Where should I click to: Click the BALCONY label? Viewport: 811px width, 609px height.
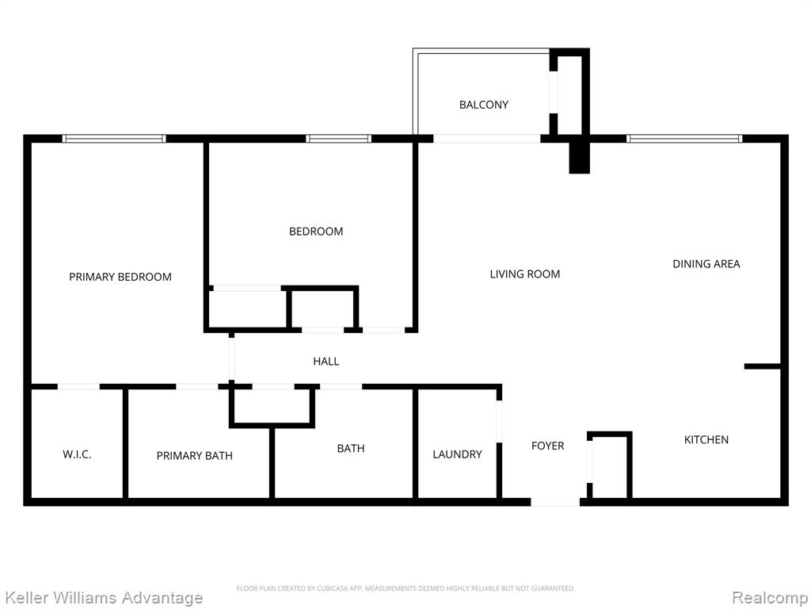(484, 105)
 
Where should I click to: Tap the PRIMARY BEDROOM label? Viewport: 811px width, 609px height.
(120, 277)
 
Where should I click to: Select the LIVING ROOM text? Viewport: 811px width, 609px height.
(525, 274)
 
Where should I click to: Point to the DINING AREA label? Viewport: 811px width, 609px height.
(706, 263)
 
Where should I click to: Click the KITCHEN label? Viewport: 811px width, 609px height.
(706, 439)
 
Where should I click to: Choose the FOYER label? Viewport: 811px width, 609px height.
(548, 446)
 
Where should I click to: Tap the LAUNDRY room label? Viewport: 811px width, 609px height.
(457, 454)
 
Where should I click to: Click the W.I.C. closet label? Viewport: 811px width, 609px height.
(77, 454)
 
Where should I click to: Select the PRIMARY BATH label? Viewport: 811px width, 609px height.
(195, 456)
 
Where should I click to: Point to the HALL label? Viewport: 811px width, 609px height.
(326, 362)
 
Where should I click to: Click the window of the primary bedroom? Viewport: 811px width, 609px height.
(114, 138)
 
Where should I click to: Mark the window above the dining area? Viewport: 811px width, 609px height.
(684, 138)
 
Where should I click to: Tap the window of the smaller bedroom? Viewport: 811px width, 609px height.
(338, 138)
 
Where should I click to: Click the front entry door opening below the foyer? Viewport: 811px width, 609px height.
(555, 502)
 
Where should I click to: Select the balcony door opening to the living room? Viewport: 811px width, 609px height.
(487, 138)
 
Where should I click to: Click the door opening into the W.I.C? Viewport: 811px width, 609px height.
(78, 386)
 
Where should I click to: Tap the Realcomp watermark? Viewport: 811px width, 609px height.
(770, 598)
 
